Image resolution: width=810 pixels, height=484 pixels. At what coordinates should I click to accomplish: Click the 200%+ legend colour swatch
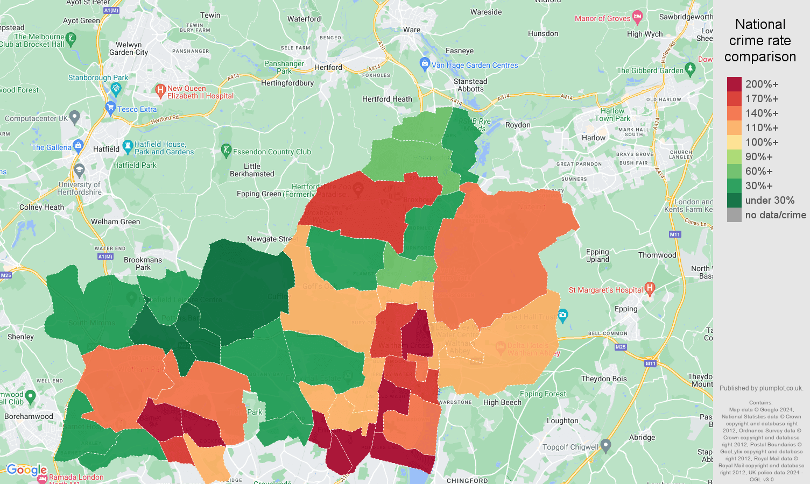[734, 84]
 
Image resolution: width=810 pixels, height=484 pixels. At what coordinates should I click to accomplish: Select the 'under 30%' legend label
[770, 201]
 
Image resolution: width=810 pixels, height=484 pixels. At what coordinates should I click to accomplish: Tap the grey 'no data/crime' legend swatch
[734, 215]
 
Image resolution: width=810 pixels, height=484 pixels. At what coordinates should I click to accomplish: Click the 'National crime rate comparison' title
[760, 40]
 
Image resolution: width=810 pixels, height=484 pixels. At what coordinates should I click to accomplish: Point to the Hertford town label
[328, 67]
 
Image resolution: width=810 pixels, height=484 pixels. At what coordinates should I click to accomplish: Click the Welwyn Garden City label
[129, 48]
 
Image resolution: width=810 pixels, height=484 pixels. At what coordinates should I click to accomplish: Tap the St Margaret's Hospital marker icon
[650, 289]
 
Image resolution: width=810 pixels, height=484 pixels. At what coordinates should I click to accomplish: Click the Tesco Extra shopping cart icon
[111, 107]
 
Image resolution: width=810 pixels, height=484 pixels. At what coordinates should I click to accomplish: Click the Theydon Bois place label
[604, 379]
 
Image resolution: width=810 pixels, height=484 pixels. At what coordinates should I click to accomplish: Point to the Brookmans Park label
[143, 264]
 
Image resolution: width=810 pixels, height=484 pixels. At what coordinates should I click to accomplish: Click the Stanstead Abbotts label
[470, 85]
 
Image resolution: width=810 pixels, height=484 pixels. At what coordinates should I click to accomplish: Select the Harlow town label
[594, 138]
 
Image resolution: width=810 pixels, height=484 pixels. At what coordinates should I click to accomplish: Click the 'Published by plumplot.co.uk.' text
[761, 388]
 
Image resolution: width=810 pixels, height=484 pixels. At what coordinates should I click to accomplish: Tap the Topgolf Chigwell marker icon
[605, 445]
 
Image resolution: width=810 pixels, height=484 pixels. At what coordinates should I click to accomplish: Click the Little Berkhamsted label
[252, 170]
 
